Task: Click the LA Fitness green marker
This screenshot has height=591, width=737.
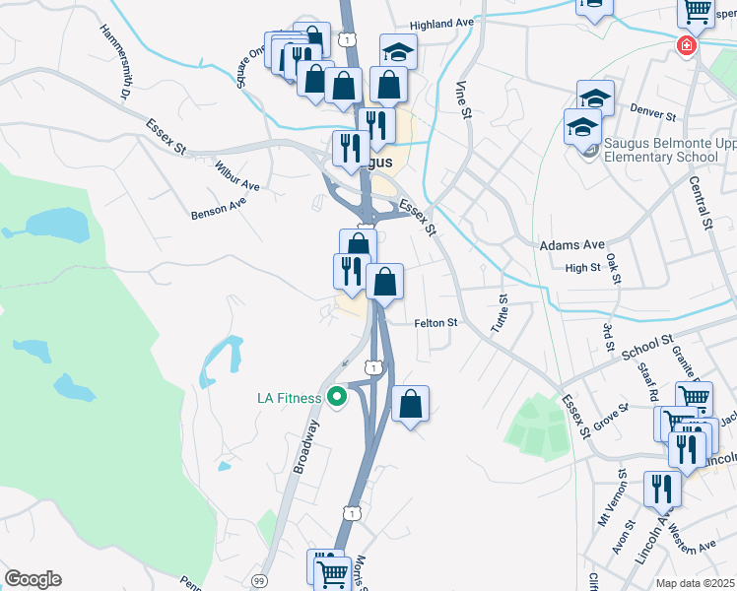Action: click(x=337, y=398)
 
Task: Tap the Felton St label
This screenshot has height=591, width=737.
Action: click(x=435, y=322)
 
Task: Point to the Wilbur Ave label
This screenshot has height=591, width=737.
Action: click(x=236, y=174)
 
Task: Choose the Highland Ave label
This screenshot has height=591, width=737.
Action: click(x=442, y=23)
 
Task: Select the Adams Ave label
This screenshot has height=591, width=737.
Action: click(x=571, y=244)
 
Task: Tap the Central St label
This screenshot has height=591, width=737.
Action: click(x=702, y=203)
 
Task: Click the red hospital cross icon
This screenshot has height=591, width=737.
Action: click(x=686, y=46)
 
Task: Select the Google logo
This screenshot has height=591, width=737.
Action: click(x=33, y=579)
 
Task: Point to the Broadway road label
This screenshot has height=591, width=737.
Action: click(x=306, y=447)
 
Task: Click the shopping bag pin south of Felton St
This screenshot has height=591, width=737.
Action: click(x=410, y=403)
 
